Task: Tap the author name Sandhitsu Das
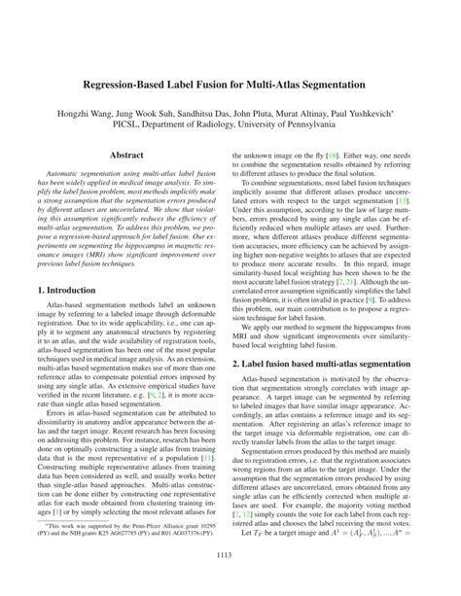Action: [x=220, y=115]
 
